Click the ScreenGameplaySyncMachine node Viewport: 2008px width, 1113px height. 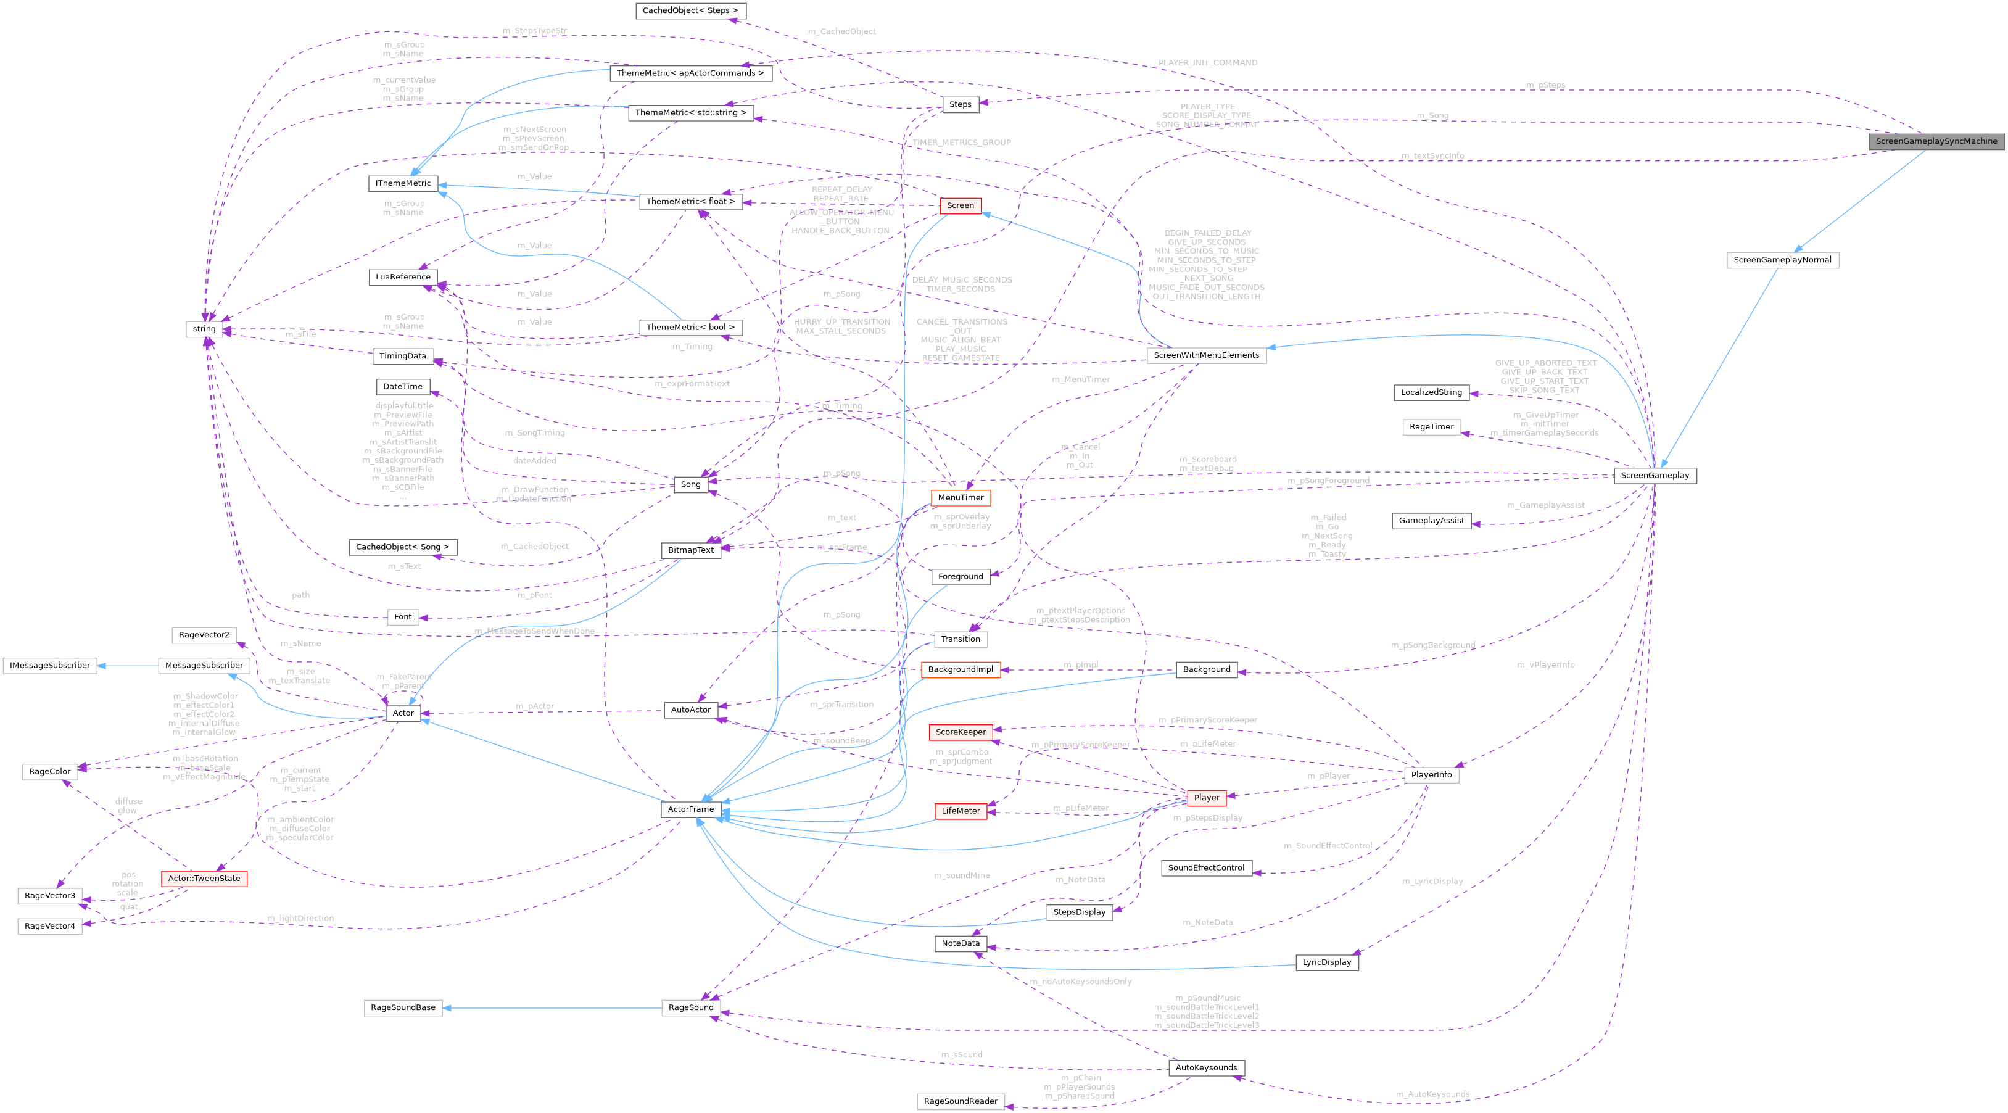point(1936,141)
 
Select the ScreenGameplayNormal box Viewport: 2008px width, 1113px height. point(1782,260)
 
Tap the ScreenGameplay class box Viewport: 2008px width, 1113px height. point(1655,476)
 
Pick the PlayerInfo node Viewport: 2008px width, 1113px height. point(1431,775)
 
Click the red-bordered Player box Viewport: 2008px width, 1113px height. point(1206,797)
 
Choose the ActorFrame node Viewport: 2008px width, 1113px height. point(691,809)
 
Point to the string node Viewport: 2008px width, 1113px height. point(204,329)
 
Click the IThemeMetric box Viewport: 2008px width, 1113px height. point(403,183)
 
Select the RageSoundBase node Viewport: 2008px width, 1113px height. point(403,1007)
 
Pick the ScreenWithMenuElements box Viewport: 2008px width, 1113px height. point(1206,355)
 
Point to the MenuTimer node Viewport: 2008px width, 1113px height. point(961,497)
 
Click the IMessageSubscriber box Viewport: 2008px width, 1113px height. point(50,665)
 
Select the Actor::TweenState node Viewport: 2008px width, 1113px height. point(204,879)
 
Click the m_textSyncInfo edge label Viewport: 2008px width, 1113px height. point(1432,156)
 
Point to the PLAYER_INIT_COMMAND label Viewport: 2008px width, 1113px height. point(1207,62)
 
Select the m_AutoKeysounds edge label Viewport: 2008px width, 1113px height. point(1432,1094)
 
